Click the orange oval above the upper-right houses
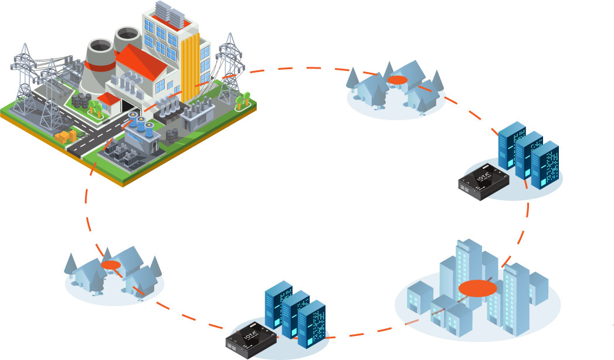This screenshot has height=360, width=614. point(397,80)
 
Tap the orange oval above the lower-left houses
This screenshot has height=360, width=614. point(110,265)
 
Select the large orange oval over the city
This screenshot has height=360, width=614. point(477,288)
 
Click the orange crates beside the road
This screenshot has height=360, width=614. point(65,136)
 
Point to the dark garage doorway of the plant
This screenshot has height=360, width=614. point(127,107)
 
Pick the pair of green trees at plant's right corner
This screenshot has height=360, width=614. point(242,100)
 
